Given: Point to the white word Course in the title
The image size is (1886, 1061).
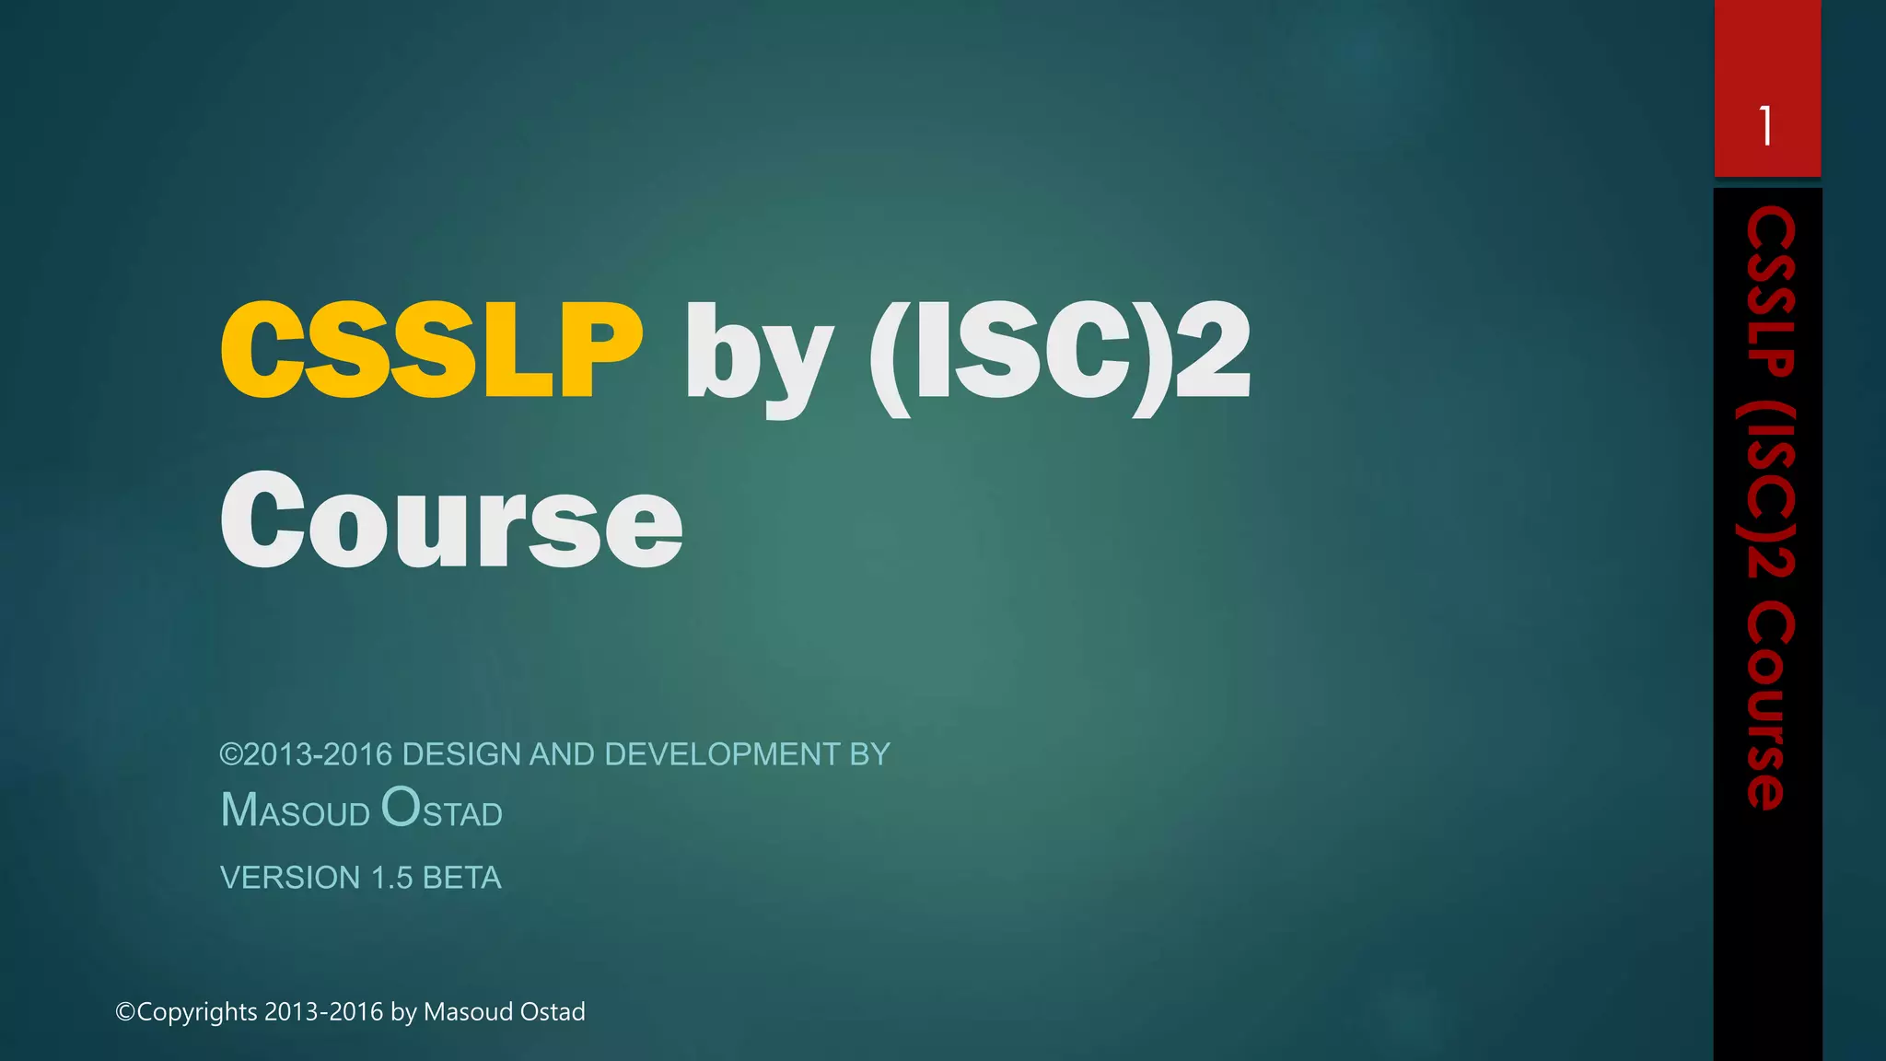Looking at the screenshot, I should pyautogui.click(x=451, y=520).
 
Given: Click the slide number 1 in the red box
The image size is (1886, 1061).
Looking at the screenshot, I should pyautogui.click(x=1765, y=126).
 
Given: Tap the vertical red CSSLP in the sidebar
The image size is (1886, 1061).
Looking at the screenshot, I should pyautogui.click(x=1769, y=292).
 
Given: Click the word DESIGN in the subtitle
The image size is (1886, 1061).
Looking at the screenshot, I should pyautogui.click(x=462, y=754).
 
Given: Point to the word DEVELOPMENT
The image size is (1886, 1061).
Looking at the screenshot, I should pyautogui.click(x=722, y=754).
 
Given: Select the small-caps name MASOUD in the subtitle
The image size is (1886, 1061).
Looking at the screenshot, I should pyautogui.click(x=296, y=810).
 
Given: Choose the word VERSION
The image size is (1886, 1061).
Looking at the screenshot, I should pyautogui.click(x=290, y=878).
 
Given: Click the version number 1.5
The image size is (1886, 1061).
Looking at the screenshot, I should pyautogui.click(x=391, y=878).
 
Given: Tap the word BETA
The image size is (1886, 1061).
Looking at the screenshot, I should pyautogui.click(x=462, y=878).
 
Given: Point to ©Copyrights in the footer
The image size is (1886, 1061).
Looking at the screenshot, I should pyautogui.click(x=186, y=1012).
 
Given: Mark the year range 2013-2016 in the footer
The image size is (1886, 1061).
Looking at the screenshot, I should pyautogui.click(x=323, y=1012).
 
